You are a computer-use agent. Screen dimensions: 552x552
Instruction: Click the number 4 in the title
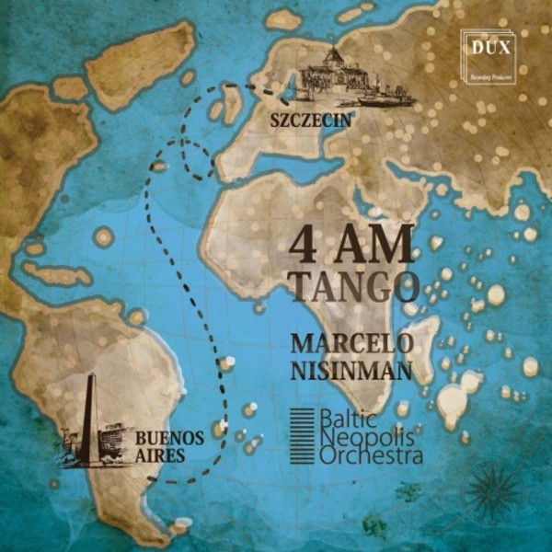[x=304, y=247]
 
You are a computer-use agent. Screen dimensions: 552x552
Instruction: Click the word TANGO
[x=353, y=289]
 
